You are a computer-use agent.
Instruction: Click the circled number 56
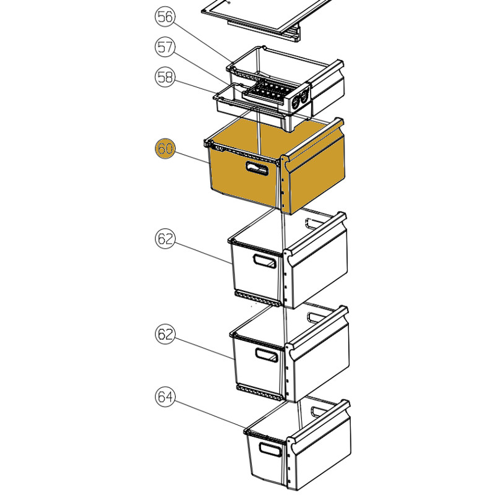click(x=165, y=17)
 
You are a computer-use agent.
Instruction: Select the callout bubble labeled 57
click(x=165, y=47)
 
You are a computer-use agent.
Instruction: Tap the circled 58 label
click(x=165, y=77)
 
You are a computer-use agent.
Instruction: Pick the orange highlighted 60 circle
click(x=165, y=148)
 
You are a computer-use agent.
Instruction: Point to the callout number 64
click(x=165, y=397)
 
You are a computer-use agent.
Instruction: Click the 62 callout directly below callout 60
click(x=165, y=239)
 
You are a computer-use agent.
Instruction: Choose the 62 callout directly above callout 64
click(x=165, y=334)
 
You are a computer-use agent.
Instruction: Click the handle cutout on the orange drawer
click(x=257, y=168)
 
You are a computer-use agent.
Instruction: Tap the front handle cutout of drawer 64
click(x=270, y=449)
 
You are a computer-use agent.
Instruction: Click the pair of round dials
click(x=300, y=100)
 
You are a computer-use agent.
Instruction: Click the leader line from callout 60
click(x=192, y=158)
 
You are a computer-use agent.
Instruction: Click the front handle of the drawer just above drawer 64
click(x=267, y=355)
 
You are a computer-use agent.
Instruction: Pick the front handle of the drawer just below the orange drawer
click(x=265, y=261)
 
